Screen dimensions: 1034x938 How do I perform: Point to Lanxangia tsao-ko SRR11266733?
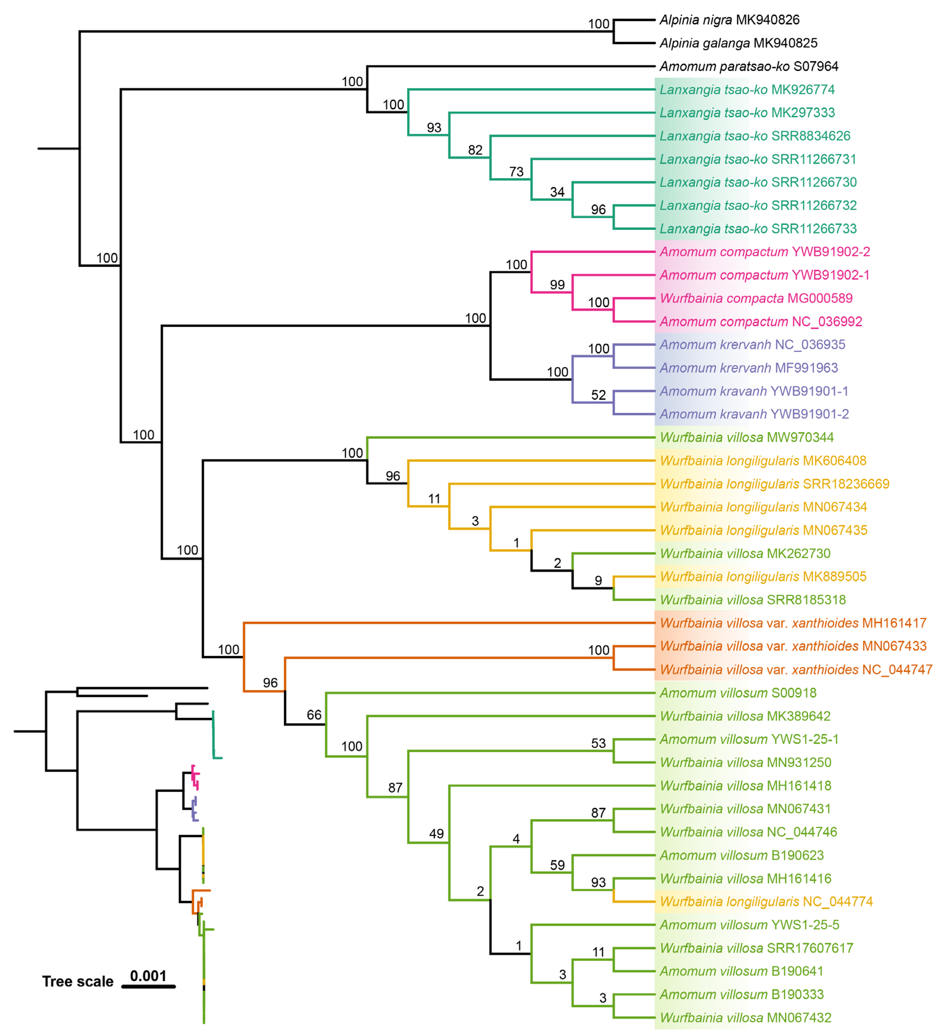[757, 229]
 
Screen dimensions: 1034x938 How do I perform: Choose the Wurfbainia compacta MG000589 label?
[755, 299]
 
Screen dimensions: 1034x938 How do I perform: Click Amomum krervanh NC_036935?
[752, 345]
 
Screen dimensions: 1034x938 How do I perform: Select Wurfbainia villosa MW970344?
[746, 437]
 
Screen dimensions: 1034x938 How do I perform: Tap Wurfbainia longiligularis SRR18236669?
[774, 484]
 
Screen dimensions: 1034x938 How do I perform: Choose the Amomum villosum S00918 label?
[737, 693]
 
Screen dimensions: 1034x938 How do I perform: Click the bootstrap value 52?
[598, 395]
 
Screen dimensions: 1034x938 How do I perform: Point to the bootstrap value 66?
[314, 715]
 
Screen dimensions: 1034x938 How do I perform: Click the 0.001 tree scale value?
[148, 975]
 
